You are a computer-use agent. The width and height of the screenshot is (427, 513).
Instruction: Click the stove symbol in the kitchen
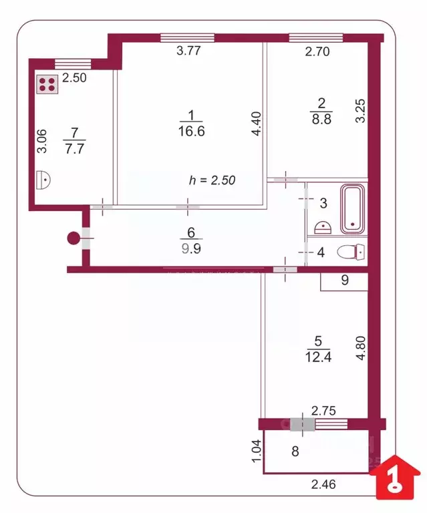point(47,84)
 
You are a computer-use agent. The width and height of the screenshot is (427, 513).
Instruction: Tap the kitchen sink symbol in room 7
point(43,178)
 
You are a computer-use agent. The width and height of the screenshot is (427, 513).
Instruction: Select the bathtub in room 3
point(353,210)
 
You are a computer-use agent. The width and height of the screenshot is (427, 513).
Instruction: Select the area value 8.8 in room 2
point(320,121)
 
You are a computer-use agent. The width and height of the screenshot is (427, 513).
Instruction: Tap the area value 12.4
point(318,357)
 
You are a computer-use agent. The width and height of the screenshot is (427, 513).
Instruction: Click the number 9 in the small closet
point(345,281)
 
